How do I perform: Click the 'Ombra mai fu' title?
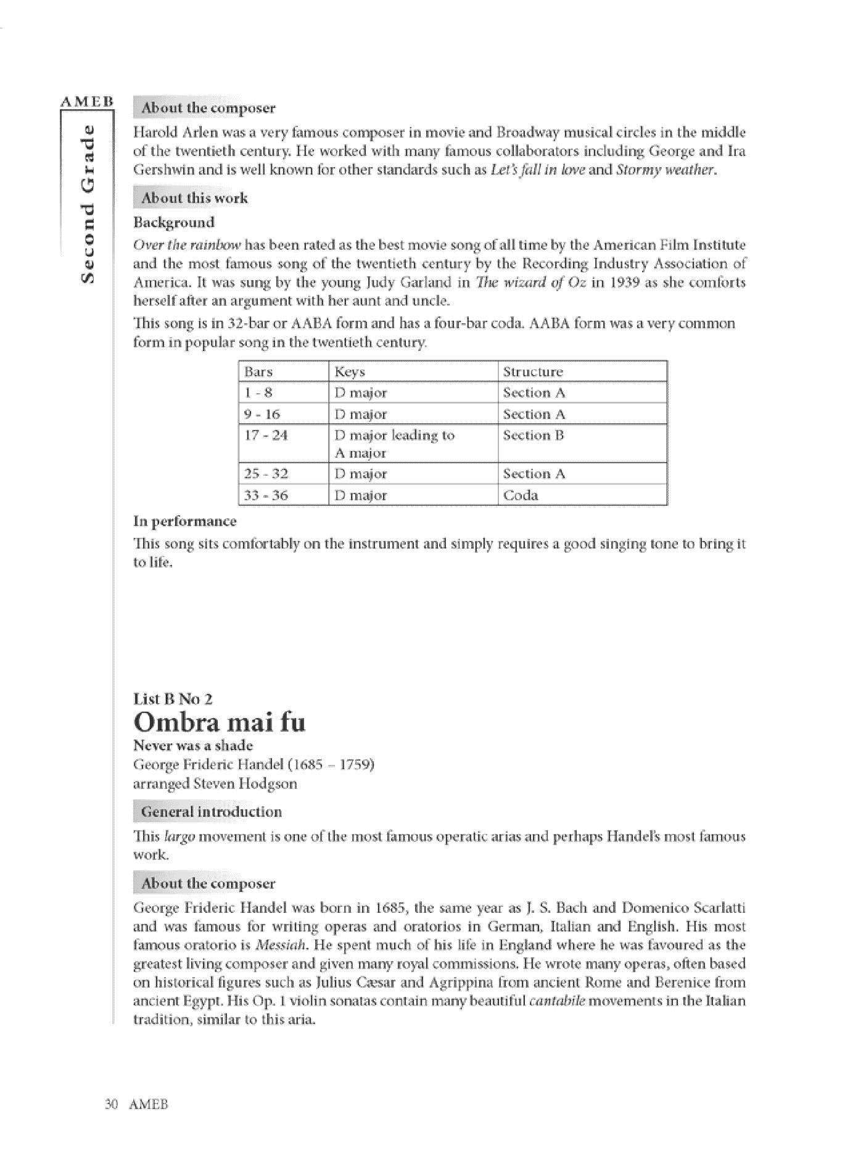pyautogui.click(x=219, y=722)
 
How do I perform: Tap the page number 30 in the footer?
pyautogui.click(x=112, y=1104)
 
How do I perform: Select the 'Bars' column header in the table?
pyautogui.click(x=258, y=372)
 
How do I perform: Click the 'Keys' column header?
pyautogui.click(x=349, y=372)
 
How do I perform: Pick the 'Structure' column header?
pyautogui.click(x=533, y=372)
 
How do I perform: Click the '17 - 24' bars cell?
pyautogui.click(x=266, y=435)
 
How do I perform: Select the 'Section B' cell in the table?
pyautogui.click(x=534, y=435)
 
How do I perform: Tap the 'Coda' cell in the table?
pyautogui.click(x=521, y=495)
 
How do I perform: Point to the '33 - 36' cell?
pyautogui.click(x=266, y=495)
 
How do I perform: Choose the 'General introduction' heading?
pyautogui.click(x=211, y=812)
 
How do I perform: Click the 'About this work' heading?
pyautogui.click(x=194, y=198)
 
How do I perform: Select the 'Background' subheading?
pyautogui.click(x=174, y=223)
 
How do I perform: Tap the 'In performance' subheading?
pyautogui.click(x=185, y=521)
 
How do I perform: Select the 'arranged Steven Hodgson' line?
pyautogui.click(x=215, y=784)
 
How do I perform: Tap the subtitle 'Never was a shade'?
pyautogui.click(x=193, y=745)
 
